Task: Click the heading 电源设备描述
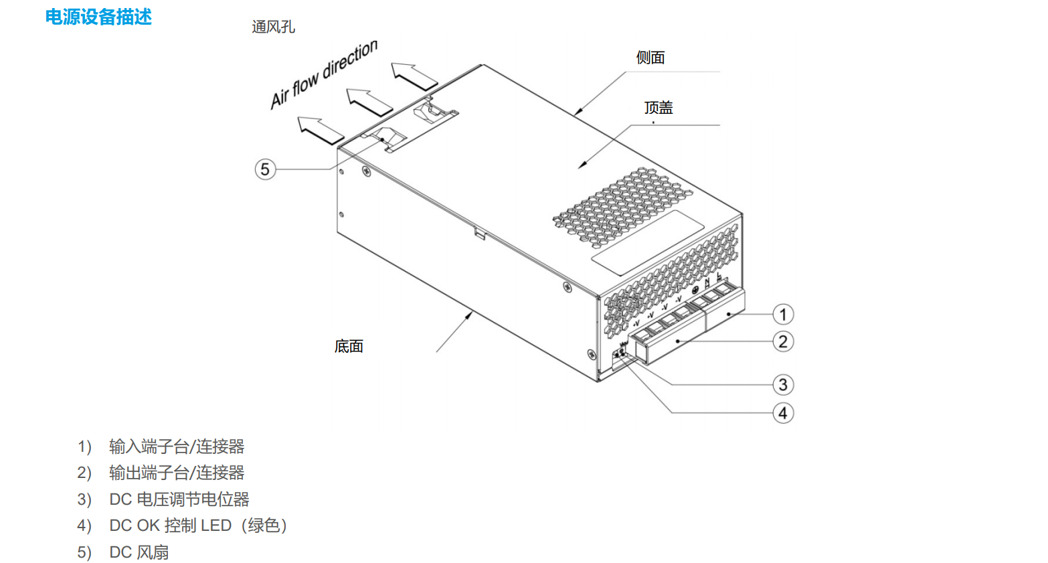tap(98, 17)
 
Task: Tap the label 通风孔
tap(273, 27)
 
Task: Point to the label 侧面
tap(650, 58)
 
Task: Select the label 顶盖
tap(659, 107)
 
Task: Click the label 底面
tap(349, 346)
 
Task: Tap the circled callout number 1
tap(783, 314)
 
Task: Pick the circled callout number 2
tap(783, 341)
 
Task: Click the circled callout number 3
tap(783, 385)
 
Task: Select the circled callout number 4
tap(783, 413)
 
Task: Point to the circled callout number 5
tap(265, 169)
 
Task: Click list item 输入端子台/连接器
tap(177, 447)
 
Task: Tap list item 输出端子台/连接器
tap(177, 473)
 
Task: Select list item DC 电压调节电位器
tap(179, 499)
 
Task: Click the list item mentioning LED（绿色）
tap(198, 526)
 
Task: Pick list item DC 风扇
tap(139, 552)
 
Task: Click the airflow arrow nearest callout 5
tap(321, 130)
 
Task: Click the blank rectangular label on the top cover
tap(648, 242)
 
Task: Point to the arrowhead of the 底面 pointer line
tap(470, 315)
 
